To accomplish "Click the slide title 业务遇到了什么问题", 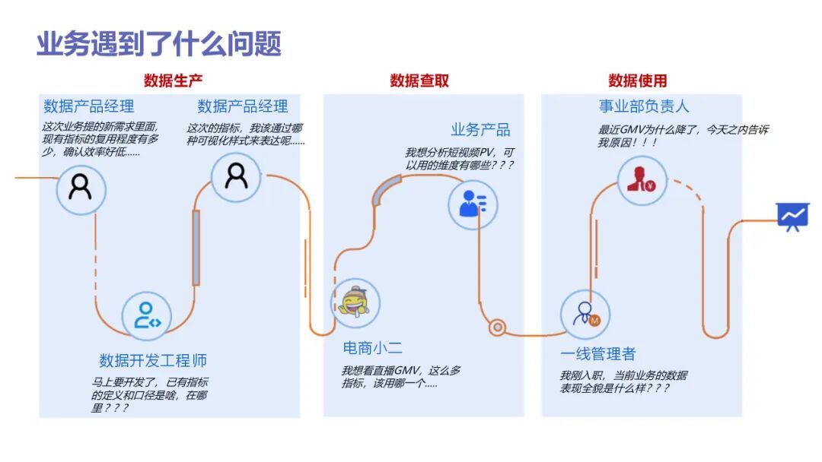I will [x=159, y=44].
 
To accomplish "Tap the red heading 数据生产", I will [x=174, y=81].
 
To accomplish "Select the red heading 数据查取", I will [x=419, y=81].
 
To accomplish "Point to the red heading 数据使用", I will [x=638, y=81].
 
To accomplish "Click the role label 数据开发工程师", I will [x=153, y=360].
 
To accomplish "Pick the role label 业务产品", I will [x=480, y=129].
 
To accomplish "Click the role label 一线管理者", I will [x=597, y=354].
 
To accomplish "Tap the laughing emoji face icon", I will [x=355, y=302].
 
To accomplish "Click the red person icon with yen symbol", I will [x=642, y=180].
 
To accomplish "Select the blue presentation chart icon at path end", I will [x=792, y=217].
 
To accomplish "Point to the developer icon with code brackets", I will [x=147, y=315].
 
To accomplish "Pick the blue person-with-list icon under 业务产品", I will [x=473, y=204].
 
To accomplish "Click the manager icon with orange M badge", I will [x=586, y=314].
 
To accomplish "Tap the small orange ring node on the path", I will [x=498, y=328].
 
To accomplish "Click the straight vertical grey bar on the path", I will [x=196, y=247].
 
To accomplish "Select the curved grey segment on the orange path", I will [x=385, y=190].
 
